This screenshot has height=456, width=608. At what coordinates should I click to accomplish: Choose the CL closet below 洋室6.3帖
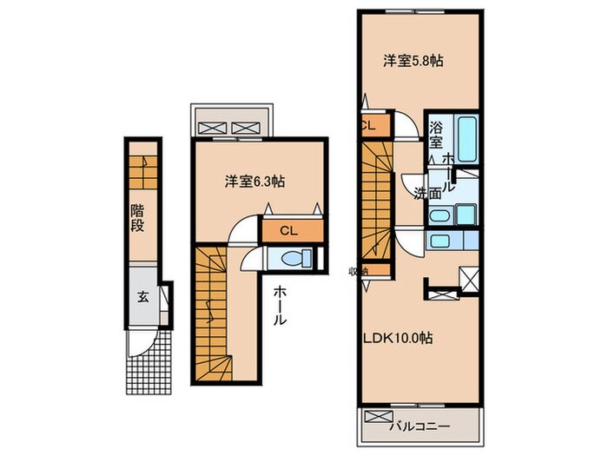(290, 230)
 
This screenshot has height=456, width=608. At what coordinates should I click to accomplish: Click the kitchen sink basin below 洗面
(440, 241)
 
